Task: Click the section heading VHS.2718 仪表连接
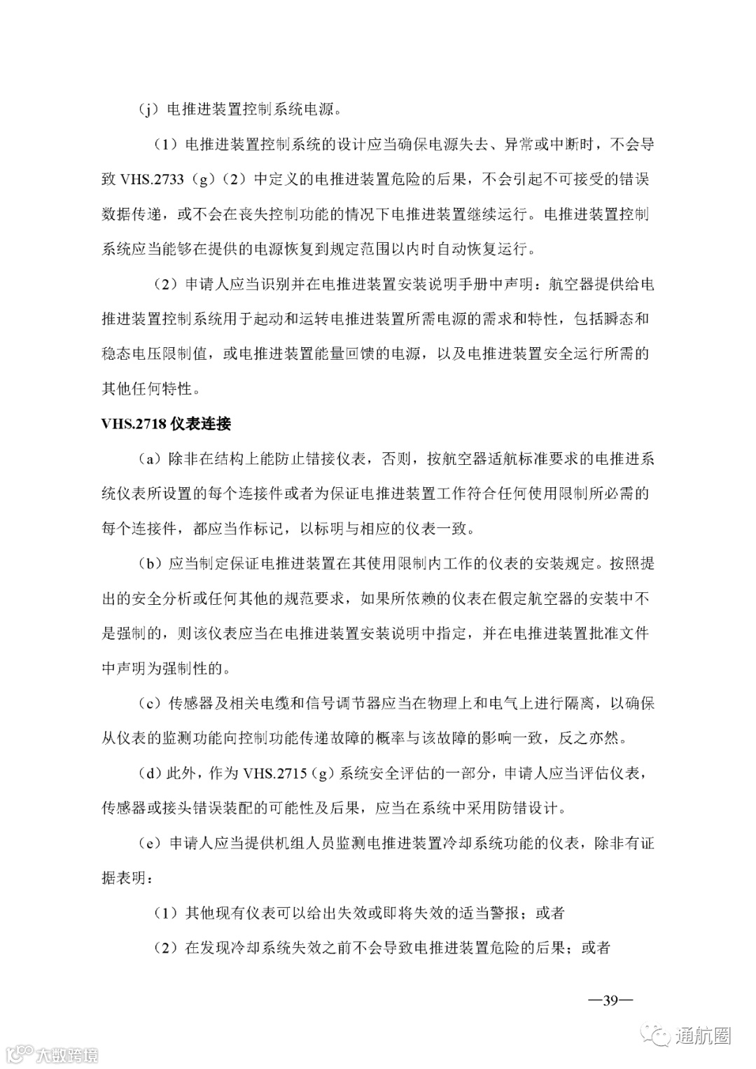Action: (166, 424)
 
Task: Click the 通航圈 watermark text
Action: (703, 1036)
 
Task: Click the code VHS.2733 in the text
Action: (152, 179)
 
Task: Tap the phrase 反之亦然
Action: (589, 739)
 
